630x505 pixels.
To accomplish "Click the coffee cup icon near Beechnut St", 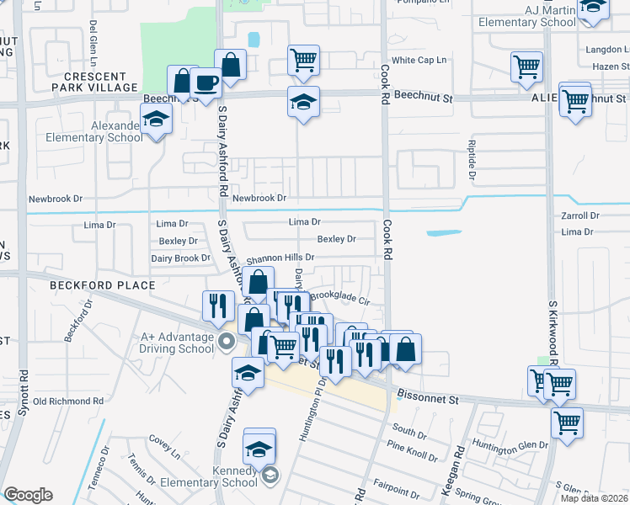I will pos(206,83).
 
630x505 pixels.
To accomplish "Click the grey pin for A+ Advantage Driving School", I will pos(225,342).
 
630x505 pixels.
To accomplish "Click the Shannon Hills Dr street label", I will pos(280,258).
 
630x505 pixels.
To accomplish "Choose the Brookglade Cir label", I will pos(341,298).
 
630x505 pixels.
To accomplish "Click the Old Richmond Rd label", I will pos(68,401).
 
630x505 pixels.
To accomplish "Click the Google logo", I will pos(28,495).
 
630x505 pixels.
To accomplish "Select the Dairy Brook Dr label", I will pos(180,258).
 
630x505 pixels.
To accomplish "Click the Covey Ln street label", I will pos(165,445).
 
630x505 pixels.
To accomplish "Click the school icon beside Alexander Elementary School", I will pos(157,120).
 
